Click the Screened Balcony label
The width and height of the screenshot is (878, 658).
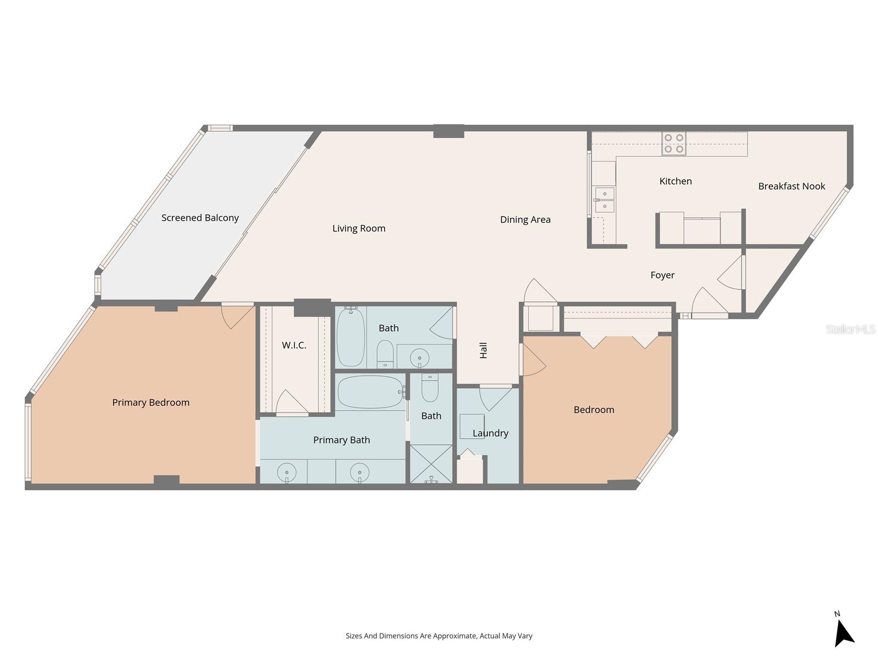tap(200, 218)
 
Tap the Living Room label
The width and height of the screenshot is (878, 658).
tap(359, 228)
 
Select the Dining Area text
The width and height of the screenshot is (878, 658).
tap(525, 219)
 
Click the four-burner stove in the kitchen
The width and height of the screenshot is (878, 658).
tap(674, 144)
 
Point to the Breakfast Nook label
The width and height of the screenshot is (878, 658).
tap(791, 186)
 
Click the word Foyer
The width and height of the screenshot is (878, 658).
tap(662, 275)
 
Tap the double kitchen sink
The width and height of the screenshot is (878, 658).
tap(605, 200)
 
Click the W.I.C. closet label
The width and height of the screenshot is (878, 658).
tap(294, 345)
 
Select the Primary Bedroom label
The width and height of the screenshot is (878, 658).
tap(151, 402)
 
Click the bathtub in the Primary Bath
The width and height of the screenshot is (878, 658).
tap(370, 392)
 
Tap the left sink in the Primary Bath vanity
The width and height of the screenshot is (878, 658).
tap(286, 472)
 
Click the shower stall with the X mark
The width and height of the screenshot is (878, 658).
tap(431, 464)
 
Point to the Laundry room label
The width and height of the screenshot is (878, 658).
tap(490, 433)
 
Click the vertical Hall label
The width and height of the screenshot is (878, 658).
tap(483, 350)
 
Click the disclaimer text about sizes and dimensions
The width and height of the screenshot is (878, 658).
tap(439, 636)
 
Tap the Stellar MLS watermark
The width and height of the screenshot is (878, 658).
tap(850, 329)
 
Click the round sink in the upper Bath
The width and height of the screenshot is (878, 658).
tap(419, 356)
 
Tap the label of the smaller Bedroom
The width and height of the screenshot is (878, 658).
tap(594, 409)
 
